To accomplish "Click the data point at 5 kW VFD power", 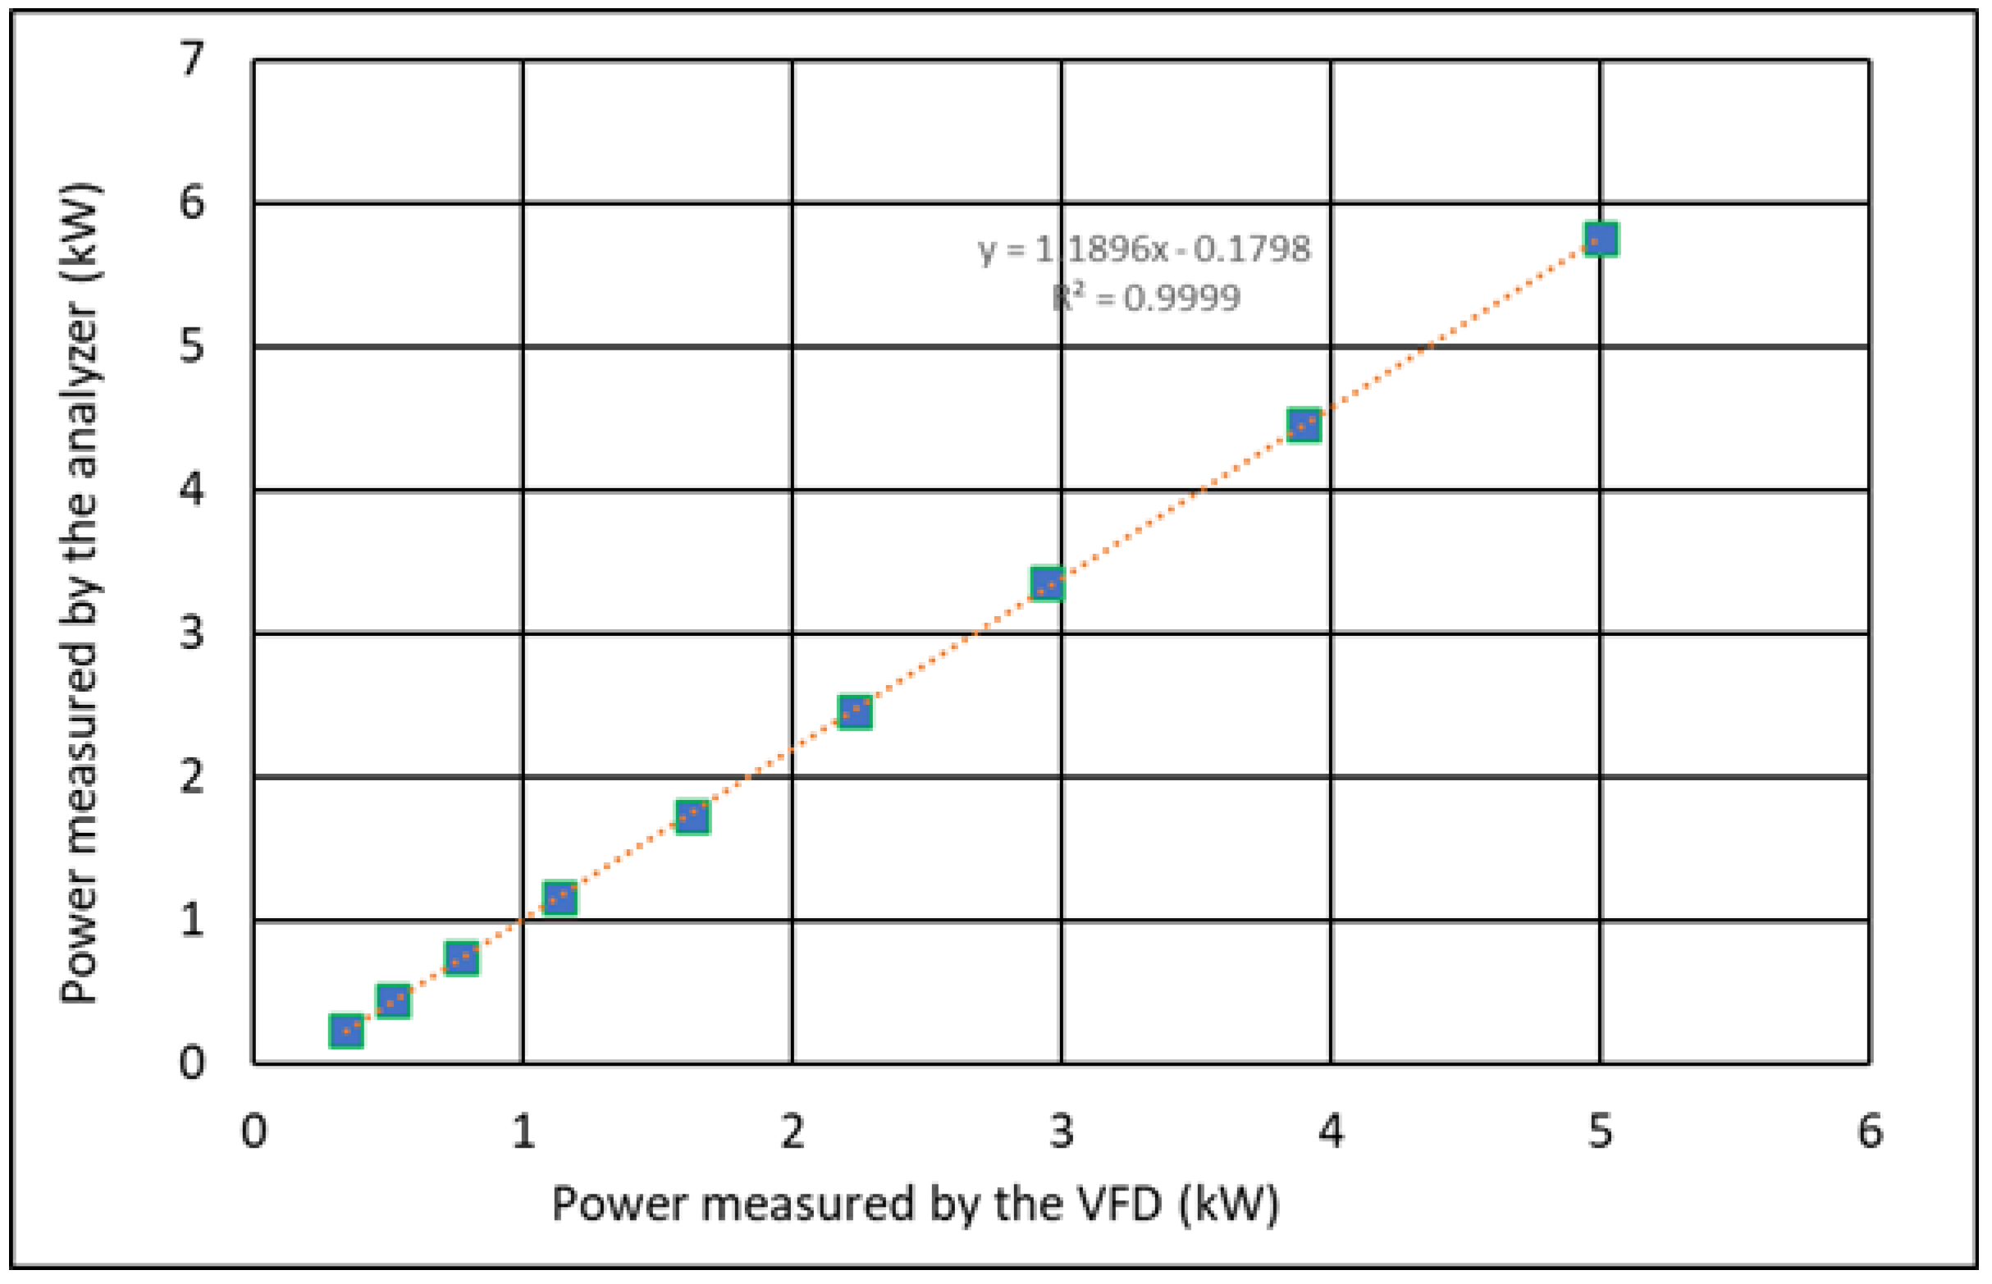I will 1601,240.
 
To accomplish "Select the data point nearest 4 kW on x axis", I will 1304,425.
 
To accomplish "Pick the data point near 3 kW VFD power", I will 1048,583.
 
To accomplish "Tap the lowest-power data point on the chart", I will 346,1031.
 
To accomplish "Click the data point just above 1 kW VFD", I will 560,898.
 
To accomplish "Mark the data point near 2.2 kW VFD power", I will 855,712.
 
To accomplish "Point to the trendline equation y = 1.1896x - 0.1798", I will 1144,249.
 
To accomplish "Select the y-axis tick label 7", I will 192,60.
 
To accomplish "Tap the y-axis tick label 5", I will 192,346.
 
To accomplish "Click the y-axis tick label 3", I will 192,633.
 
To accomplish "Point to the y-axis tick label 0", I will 192,1064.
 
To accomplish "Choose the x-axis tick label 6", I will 1870,1131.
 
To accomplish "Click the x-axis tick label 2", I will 793,1131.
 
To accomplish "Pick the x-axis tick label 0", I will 254,1131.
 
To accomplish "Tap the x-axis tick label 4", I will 1331,1131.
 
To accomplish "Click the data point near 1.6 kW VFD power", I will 692,817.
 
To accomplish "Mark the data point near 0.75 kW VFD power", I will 461,959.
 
